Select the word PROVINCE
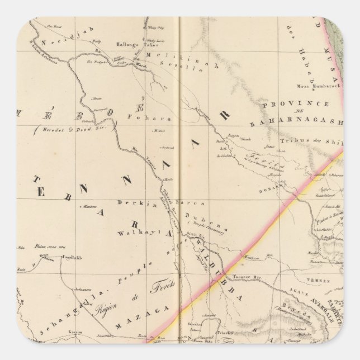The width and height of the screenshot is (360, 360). click(x=294, y=104)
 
